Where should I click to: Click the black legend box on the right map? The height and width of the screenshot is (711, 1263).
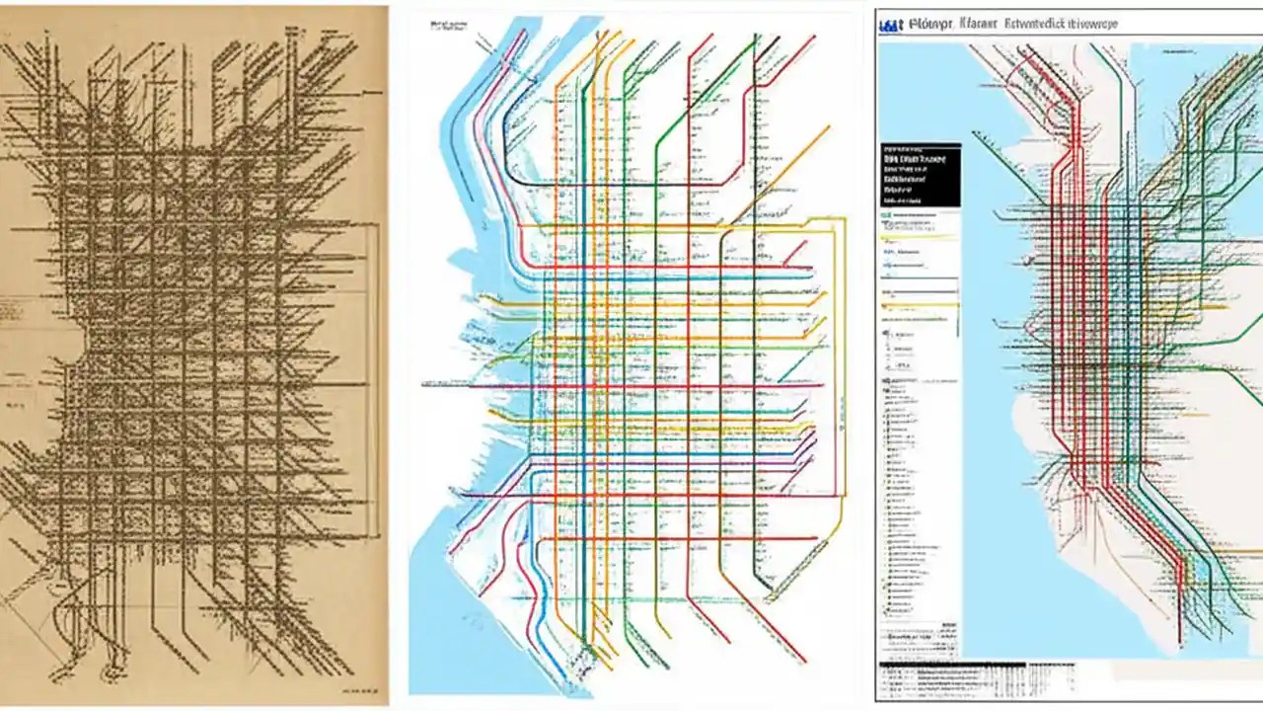[x=920, y=174]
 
